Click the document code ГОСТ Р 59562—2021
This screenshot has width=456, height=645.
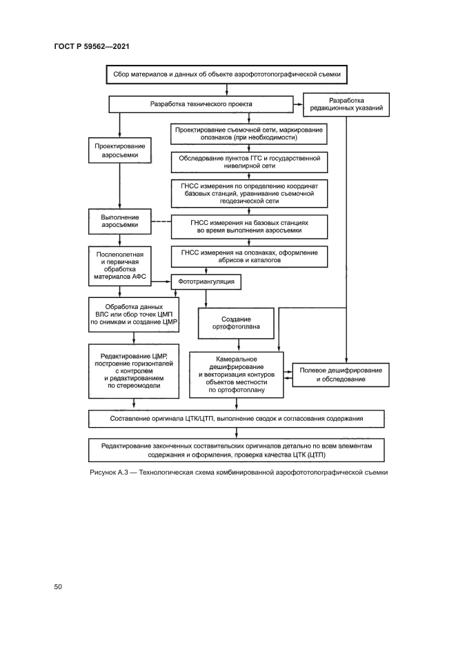coord(92,46)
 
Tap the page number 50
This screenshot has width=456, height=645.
coord(58,586)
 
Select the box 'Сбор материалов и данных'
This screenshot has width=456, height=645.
coord(226,72)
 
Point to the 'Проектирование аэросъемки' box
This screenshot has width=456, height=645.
coord(120,151)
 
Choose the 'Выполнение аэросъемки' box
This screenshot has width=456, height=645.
coord(120,221)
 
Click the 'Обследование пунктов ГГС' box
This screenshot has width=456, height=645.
coord(249,161)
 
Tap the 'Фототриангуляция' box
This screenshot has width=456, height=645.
coord(207,282)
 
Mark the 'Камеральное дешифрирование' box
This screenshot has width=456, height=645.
coord(237,375)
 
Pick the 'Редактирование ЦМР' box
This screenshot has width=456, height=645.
coord(134,371)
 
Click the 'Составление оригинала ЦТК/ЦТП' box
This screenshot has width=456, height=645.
coord(237,418)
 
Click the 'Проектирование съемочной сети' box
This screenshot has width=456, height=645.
coord(249,133)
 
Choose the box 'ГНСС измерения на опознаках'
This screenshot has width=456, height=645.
coord(249,257)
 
